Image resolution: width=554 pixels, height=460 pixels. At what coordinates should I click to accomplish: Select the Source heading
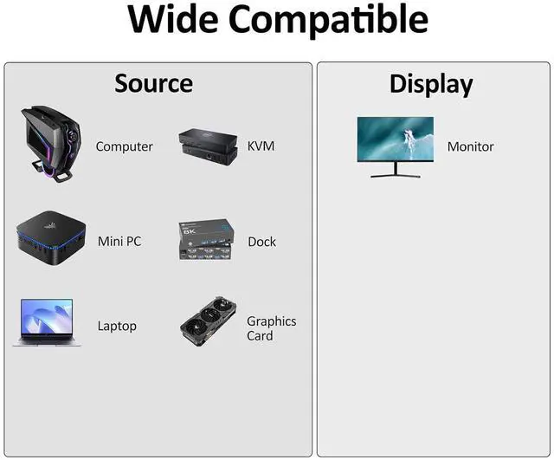tap(154, 83)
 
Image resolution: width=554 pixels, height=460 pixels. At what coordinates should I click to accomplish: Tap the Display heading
tap(431, 84)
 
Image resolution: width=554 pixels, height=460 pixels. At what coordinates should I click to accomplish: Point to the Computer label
tap(124, 146)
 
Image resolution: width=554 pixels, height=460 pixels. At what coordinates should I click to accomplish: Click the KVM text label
tap(261, 146)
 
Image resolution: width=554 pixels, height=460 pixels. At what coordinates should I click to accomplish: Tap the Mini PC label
tap(119, 242)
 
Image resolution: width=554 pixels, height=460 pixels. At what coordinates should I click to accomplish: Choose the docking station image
tap(206, 241)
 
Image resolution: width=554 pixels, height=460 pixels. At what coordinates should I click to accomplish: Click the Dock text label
tap(261, 242)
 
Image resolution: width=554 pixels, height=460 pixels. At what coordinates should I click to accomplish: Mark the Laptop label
tap(117, 326)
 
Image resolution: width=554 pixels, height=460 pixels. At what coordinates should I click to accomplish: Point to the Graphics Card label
tap(271, 328)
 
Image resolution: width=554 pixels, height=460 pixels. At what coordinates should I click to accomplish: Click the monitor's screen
tap(395, 138)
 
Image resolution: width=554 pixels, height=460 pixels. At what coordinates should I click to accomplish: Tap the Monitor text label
tap(470, 146)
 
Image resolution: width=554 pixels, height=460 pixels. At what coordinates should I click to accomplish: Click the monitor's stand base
tap(395, 176)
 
